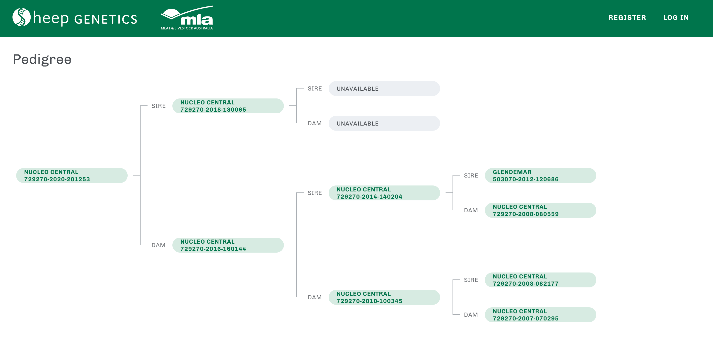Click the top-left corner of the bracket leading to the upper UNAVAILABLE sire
coord(297,88)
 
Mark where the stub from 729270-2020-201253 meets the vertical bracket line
coord(140,175)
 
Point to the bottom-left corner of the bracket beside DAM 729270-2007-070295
coord(453,314)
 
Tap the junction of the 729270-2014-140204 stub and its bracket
coord(453,193)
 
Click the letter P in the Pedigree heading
coord(17,59)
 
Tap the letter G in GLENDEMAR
coord(495,172)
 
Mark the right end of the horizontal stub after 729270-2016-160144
coord(297,245)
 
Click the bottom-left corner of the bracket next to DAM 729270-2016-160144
coord(140,245)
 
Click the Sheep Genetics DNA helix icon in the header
coord(21,17)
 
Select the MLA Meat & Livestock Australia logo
coord(187,18)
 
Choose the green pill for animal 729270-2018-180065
coord(228,106)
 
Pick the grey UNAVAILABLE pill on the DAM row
coord(384,123)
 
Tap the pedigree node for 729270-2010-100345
coord(384,297)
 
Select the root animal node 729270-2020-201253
coord(72,176)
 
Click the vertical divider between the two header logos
coord(149,18)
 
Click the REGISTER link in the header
coord(627,18)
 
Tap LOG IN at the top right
coord(676,18)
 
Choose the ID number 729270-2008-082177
coord(526,284)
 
